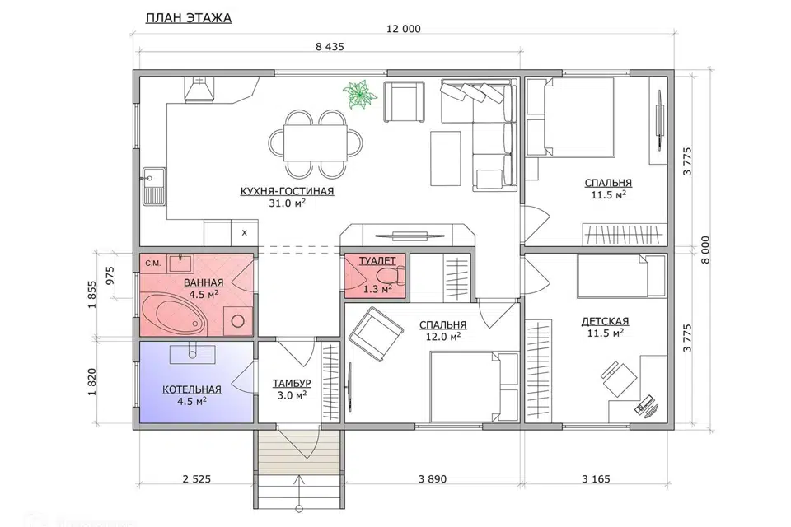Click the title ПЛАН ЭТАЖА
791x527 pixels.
point(189,18)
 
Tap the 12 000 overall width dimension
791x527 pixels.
point(403,30)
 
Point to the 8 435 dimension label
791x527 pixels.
point(330,47)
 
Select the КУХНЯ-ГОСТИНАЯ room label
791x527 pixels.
point(287,191)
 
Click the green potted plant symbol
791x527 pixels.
point(360,95)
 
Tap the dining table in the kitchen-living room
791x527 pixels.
point(316,142)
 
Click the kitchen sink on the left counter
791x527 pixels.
point(154,186)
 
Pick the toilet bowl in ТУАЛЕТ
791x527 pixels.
point(391,276)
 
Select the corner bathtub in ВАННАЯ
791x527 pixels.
point(174,315)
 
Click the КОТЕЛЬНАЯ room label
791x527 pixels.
point(192,389)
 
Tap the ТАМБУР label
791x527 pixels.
point(292,384)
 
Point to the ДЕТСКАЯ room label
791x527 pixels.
point(605,322)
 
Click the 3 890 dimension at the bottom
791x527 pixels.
point(433,479)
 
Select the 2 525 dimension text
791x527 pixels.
point(196,479)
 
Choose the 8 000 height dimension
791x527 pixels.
point(705,250)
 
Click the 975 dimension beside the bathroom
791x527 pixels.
point(111,275)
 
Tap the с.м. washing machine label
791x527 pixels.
point(153,263)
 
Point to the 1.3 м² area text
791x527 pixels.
point(378,290)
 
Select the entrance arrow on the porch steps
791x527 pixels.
point(300,492)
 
